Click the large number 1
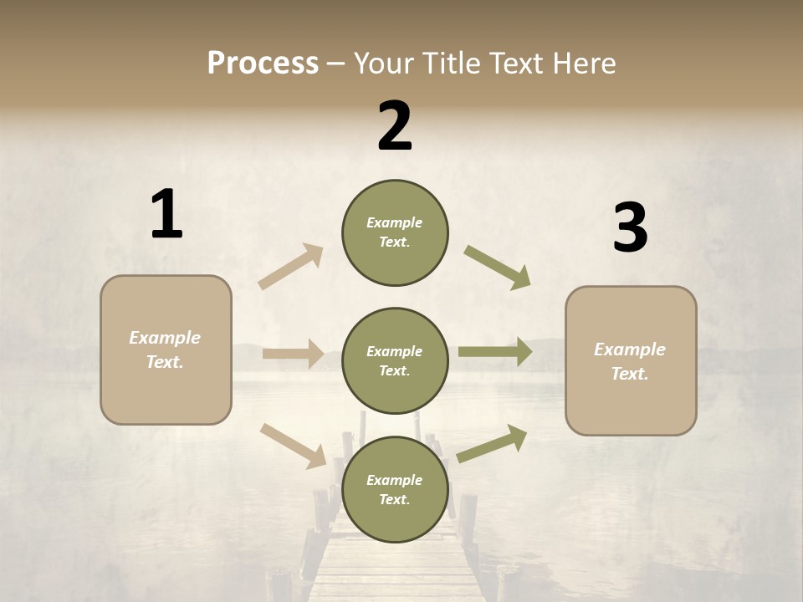[x=166, y=214]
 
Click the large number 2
[x=395, y=126]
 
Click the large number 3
[x=630, y=228]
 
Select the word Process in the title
[x=263, y=63]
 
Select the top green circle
[x=395, y=232]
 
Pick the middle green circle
[x=395, y=360]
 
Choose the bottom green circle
[x=395, y=489]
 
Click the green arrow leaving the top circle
[x=498, y=268]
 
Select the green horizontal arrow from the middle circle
[x=495, y=352]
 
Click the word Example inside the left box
[x=165, y=338]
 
